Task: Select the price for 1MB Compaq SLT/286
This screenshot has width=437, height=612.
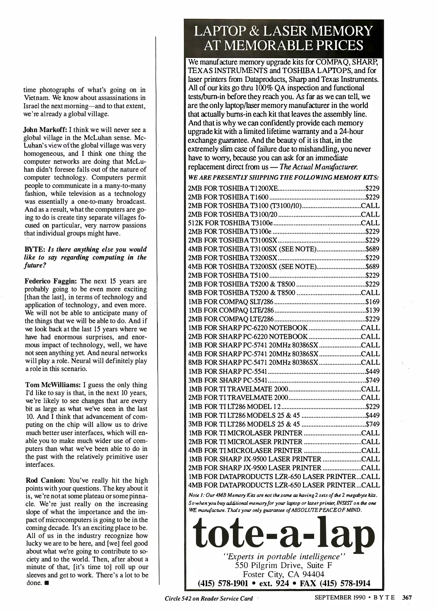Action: coord(372,302)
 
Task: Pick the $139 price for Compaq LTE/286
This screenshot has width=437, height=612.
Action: coord(372,311)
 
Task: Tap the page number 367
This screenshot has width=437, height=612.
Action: coord(407,598)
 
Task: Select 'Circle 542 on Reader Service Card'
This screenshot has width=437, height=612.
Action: coord(209,598)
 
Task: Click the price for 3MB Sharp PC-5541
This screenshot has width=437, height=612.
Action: coord(372,380)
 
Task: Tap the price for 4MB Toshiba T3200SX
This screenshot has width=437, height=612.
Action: coord(372,267)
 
